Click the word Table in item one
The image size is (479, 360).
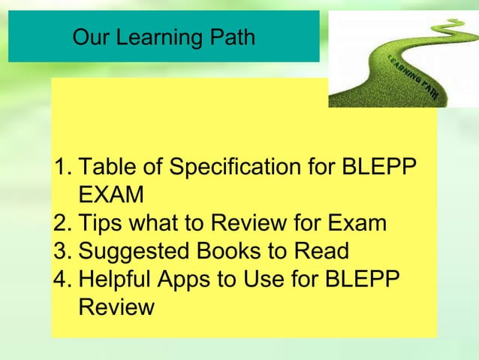click(x=104, y=167)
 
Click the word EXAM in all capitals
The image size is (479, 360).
click(x=111, y=195)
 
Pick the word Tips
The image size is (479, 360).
click(x=102, y=223)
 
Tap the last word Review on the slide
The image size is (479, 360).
click(x=116, y=307)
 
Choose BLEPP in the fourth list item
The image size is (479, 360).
click(x=365, y=279)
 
